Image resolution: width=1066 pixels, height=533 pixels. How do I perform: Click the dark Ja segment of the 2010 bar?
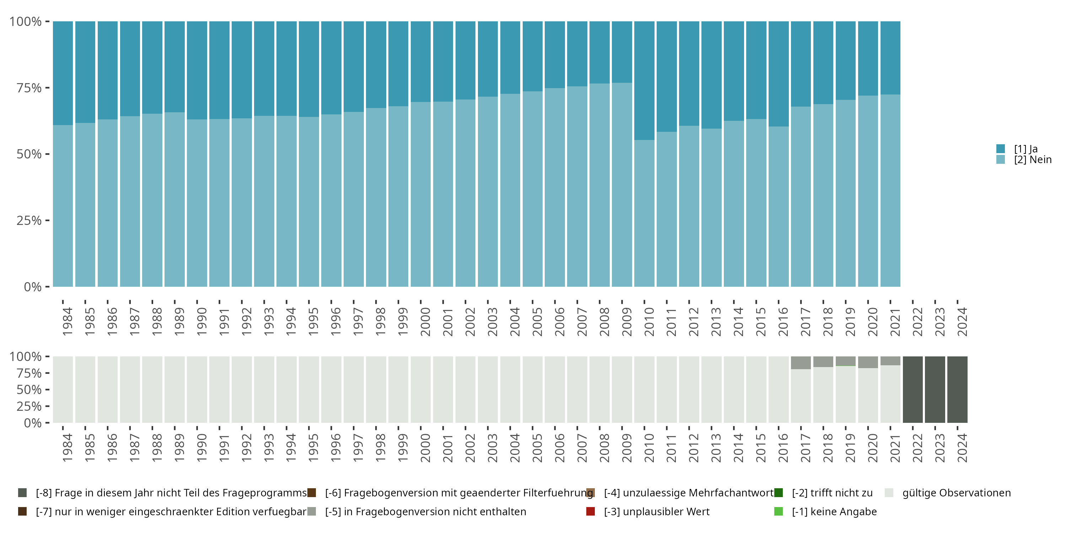coord(644,81)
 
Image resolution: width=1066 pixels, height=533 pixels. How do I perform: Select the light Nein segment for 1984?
coord(63,206)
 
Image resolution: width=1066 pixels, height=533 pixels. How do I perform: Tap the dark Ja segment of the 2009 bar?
coord(622,52)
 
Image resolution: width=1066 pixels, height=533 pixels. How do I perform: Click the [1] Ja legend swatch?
coord(1001,149)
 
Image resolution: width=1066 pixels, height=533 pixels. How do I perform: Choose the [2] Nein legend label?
coord(1033,160)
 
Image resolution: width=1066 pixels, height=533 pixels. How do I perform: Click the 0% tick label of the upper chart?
coord(33,287)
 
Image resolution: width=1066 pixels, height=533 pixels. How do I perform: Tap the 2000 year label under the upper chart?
coord(425,322)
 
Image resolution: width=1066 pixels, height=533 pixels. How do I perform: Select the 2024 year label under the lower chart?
coord(962,448)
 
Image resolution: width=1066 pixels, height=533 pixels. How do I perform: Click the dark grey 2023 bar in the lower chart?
coord(935,389)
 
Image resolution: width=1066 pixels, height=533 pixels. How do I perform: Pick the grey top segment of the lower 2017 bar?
coord(801,362)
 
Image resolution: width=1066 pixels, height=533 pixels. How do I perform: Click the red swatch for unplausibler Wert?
coord(591,511)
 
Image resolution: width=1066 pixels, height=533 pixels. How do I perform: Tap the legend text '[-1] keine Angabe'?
coord(834,511)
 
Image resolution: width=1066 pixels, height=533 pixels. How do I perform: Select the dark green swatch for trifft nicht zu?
coord(779,493)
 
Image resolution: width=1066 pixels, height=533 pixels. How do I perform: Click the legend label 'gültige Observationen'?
coord(956,493)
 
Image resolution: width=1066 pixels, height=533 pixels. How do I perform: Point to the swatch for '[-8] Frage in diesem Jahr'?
coord(22,493)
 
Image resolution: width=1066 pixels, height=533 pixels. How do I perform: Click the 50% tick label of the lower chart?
coord(29,389)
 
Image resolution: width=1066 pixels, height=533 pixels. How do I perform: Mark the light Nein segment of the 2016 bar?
coord(779,206)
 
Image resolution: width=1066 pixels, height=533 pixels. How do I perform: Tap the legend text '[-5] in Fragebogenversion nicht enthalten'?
coord(425,511)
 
